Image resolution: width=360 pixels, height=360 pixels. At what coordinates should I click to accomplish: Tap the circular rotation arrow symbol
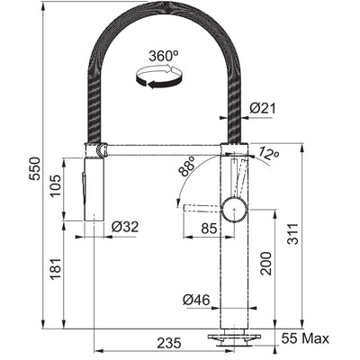(158, 80)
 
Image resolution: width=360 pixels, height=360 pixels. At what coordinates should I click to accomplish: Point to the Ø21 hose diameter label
(263, 108)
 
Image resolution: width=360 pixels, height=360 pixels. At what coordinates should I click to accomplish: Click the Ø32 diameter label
(124, 226)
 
